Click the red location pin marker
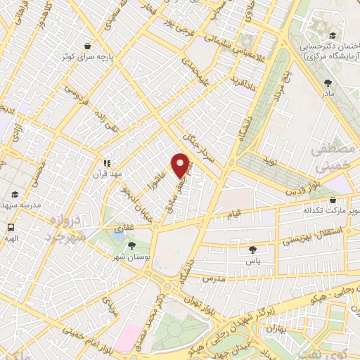[x=181, y=165]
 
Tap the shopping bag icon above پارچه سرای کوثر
[x=87, y=44]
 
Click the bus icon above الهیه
[x=11, y=227]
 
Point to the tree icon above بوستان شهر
[x=131, y=245]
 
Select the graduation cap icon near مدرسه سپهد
[x=14, y=194]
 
